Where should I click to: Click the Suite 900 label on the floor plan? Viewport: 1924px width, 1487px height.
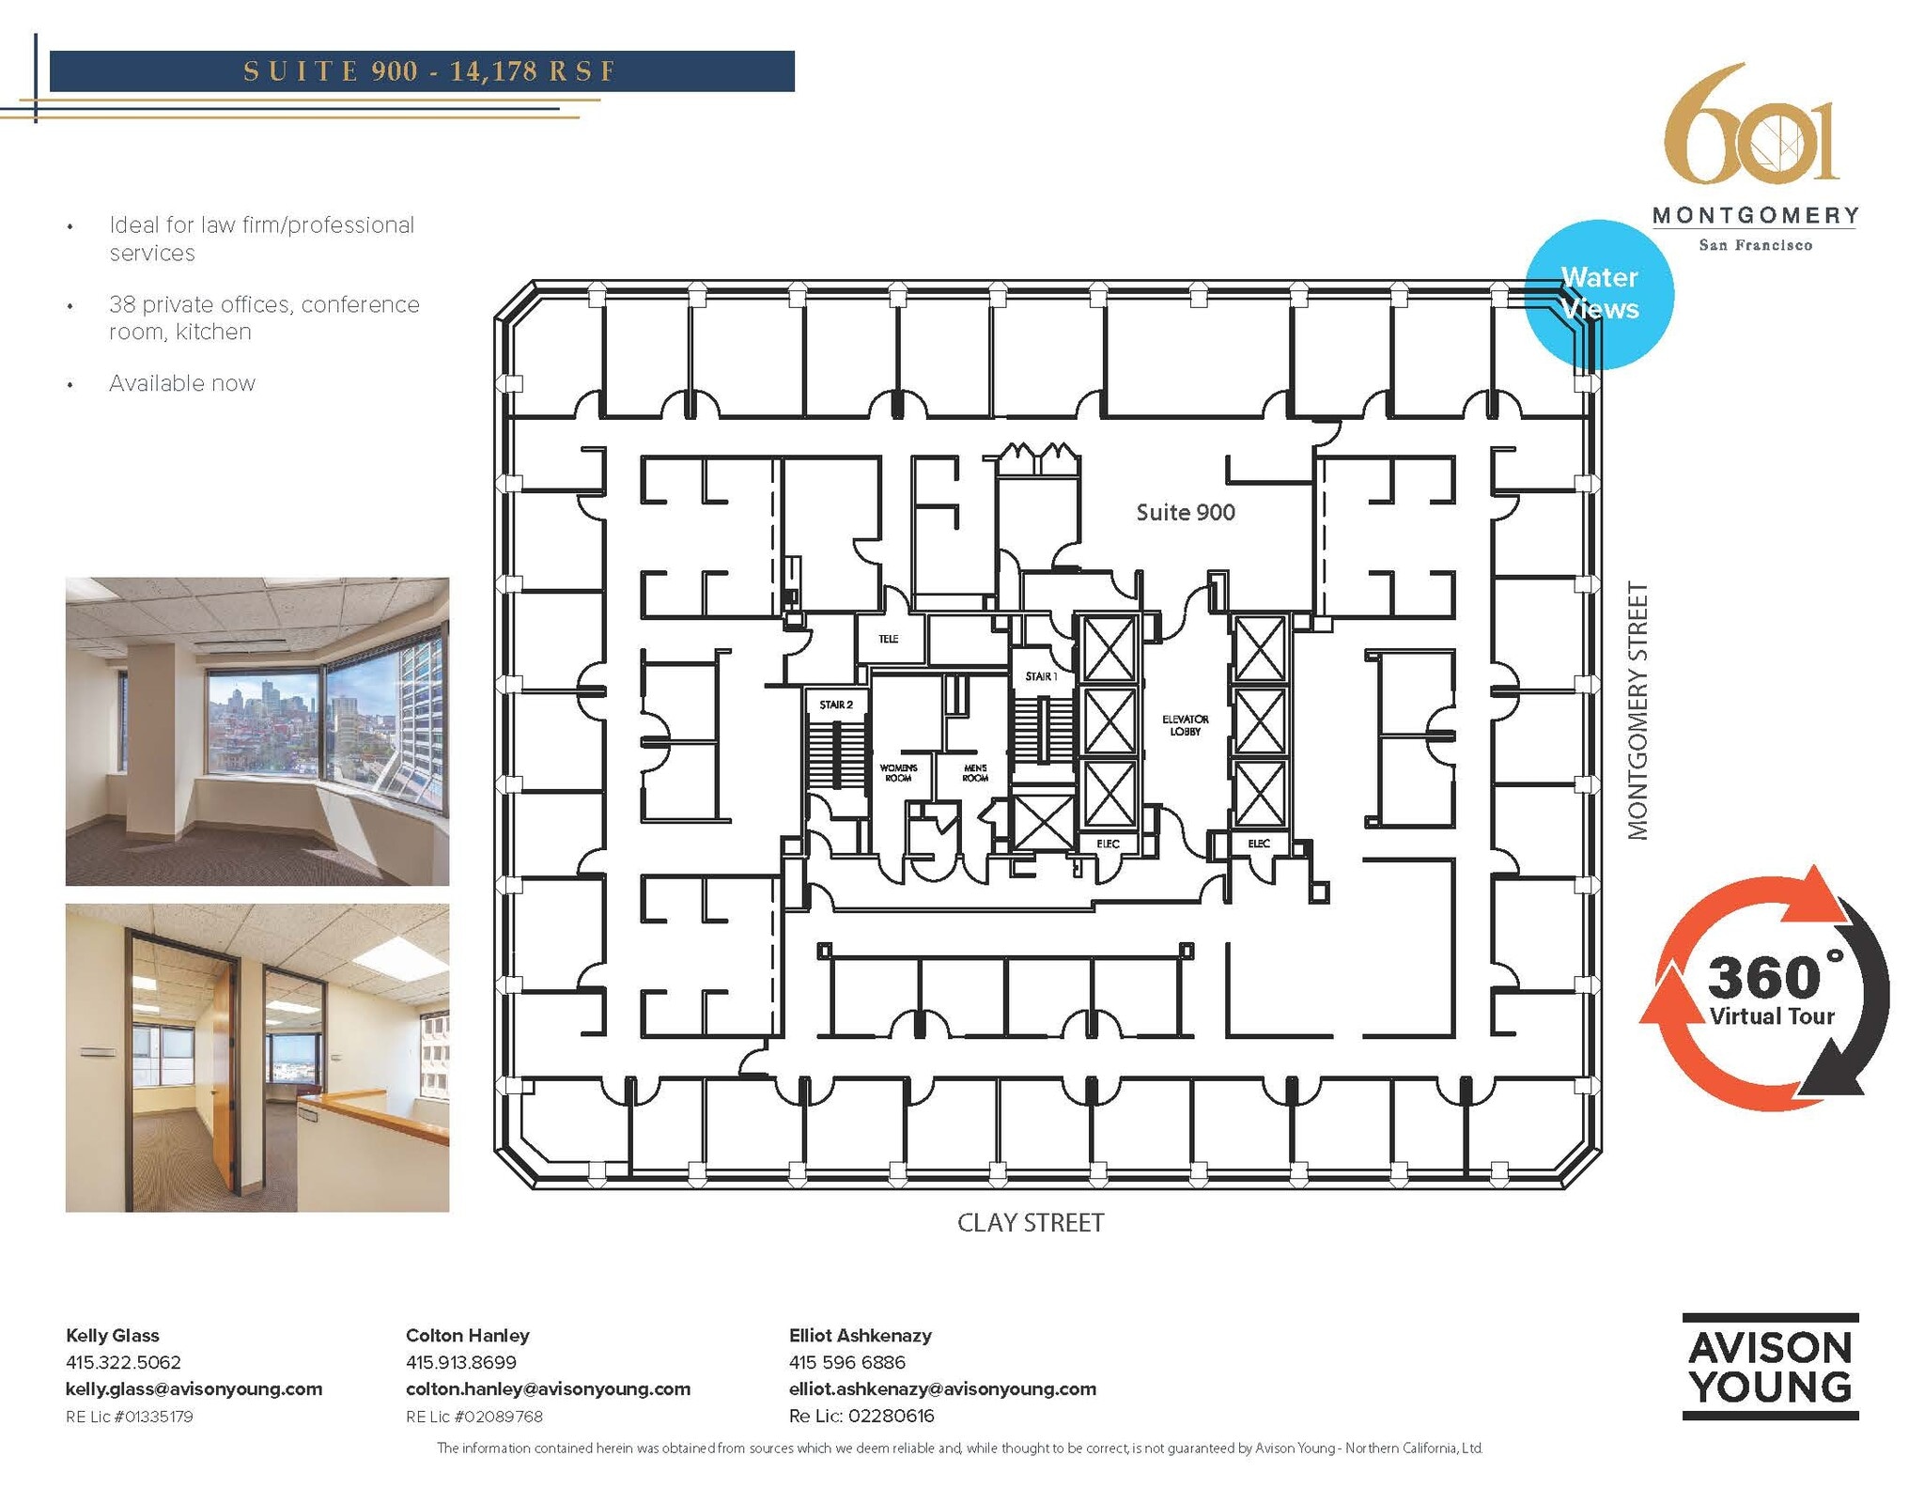1185,512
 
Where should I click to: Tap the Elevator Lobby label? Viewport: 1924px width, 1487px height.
1185,725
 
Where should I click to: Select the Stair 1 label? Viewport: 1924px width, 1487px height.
1041,676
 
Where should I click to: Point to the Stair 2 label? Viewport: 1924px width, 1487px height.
835,705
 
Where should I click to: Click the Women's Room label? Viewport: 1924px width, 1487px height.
898,773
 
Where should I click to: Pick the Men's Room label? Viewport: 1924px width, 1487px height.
975,773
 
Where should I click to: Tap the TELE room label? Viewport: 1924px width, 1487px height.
888,639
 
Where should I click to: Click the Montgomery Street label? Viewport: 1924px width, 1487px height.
1637,710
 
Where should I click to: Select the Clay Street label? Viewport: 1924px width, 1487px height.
1031,1223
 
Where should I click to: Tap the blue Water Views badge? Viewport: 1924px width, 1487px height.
1599,293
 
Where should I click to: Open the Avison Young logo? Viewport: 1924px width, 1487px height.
1770,1367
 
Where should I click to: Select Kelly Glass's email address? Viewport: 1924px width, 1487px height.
194,1388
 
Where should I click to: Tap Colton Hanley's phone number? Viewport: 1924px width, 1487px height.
460,1362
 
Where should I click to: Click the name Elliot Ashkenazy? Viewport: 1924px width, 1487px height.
860,1335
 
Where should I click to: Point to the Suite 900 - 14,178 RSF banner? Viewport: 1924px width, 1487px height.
422,71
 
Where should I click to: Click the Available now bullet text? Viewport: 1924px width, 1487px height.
182,383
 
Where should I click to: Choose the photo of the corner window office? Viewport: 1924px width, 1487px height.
256,731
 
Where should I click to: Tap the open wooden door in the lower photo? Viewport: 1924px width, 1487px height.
223,1071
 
